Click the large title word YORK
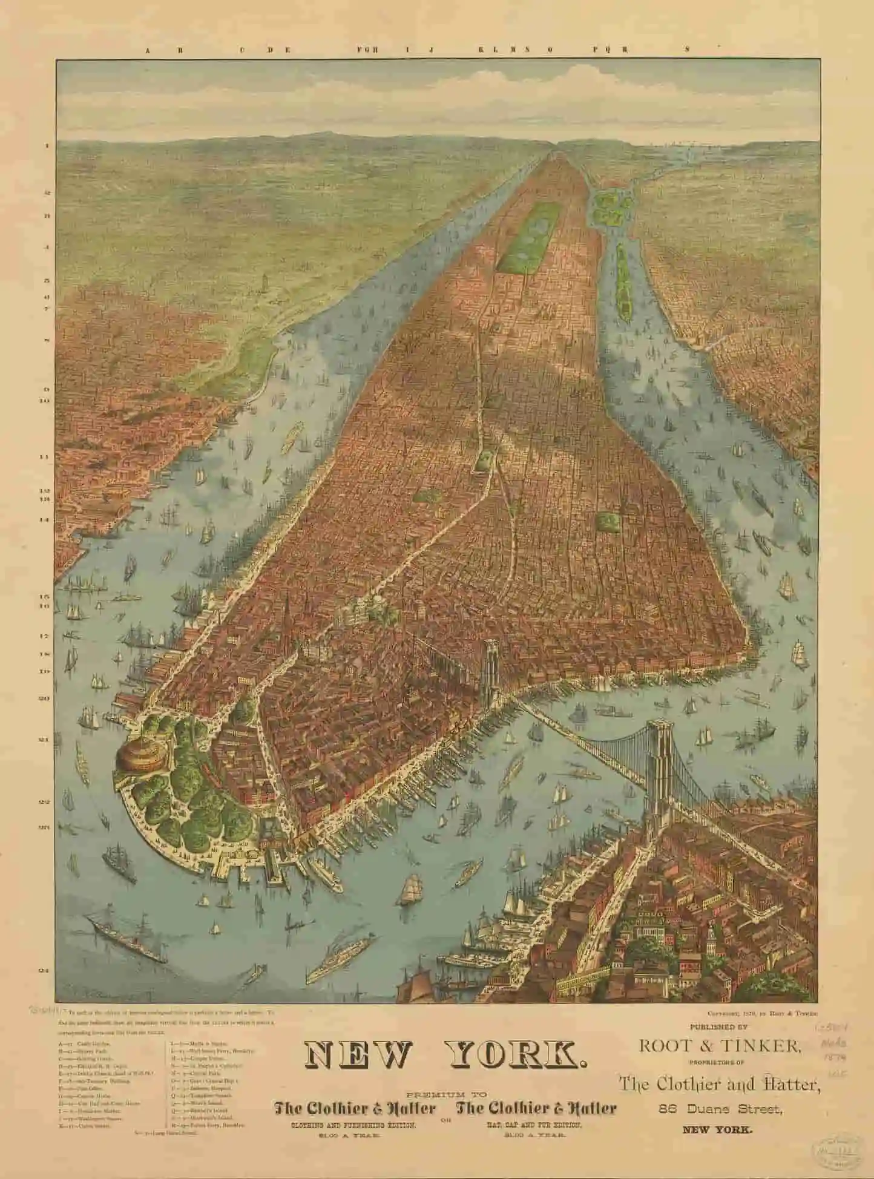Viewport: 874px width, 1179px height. coord(514,1055)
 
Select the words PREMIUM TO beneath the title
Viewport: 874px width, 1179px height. coord(445,1094)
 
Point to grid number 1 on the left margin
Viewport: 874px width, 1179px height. coord(45,146)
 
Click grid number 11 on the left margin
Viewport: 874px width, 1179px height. coord(44,458)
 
